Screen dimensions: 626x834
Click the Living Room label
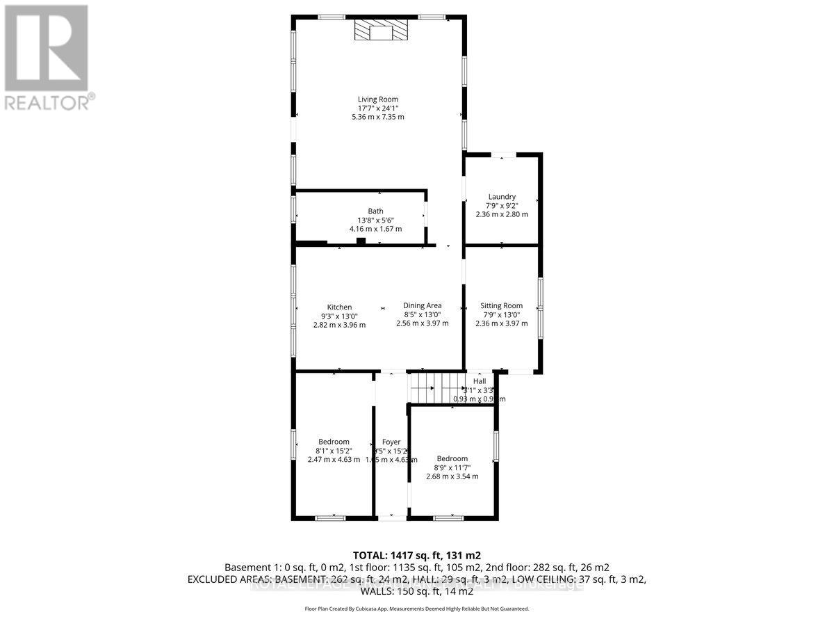pyautogui.click(x=378, y=99)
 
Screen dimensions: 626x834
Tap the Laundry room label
pyautogui.click(x=502, y=197)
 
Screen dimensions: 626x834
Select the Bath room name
pyautogui.click(x=375, y=211)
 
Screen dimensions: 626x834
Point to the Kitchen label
pyautogui.click(x=339, y=307)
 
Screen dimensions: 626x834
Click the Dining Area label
pyautogui.click(x=422, y=305)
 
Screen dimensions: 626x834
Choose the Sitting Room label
pyautogui.click(x=501, y=305)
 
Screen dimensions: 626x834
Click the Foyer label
pyautogui.click(x=392, y=442)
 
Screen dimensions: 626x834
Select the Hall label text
pyautogui.click(x=480, y=381)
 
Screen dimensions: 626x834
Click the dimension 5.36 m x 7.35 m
pyautogui.click(x=378, y=117)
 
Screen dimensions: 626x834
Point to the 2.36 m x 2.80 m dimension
pyautogui.click(x=502, y=214)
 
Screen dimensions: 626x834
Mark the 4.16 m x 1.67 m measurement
pyautogui.click(x=375, y=229)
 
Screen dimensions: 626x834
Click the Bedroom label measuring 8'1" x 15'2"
pyautogui.click(x=334, y=442)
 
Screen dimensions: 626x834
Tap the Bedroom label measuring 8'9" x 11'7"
pyautogui.click(x=452, y=458)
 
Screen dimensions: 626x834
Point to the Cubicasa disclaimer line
pyautogui.click(x=417, y=609)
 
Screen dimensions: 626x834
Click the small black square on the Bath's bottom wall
pyautogui.click(x=361, y=241)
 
